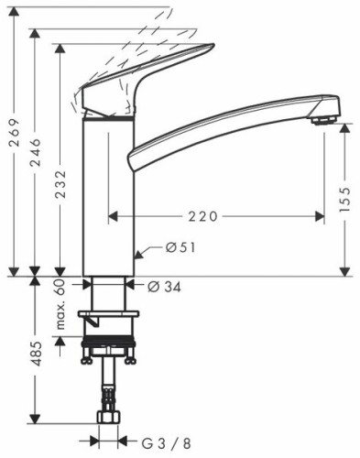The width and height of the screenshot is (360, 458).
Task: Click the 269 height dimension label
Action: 15,132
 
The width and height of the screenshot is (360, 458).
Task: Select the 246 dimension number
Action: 35,152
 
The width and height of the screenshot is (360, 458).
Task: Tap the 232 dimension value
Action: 60,184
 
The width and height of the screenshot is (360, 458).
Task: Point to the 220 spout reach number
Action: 202,216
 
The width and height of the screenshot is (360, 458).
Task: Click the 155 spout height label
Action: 344,200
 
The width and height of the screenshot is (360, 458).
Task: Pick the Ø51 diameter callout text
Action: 180,247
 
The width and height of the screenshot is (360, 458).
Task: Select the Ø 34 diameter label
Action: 165,287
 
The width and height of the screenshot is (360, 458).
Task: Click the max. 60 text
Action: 61,304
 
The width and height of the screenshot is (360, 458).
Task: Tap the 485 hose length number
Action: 36,354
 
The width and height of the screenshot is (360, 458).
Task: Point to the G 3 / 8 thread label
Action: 167,443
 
